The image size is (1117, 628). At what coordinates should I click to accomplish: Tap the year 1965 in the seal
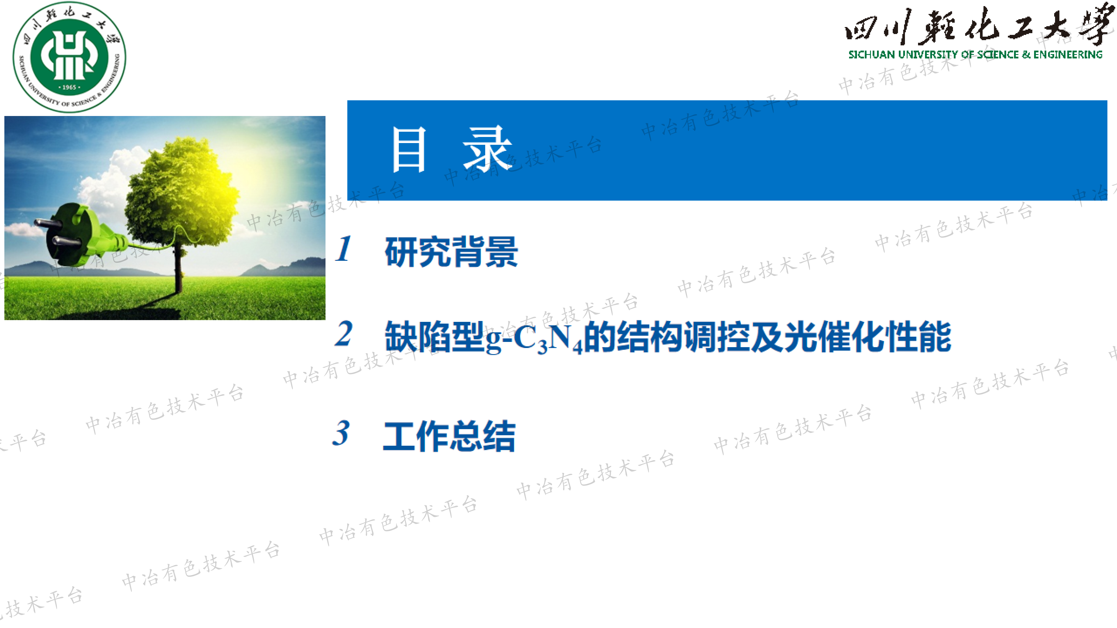[x=69, y=87]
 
